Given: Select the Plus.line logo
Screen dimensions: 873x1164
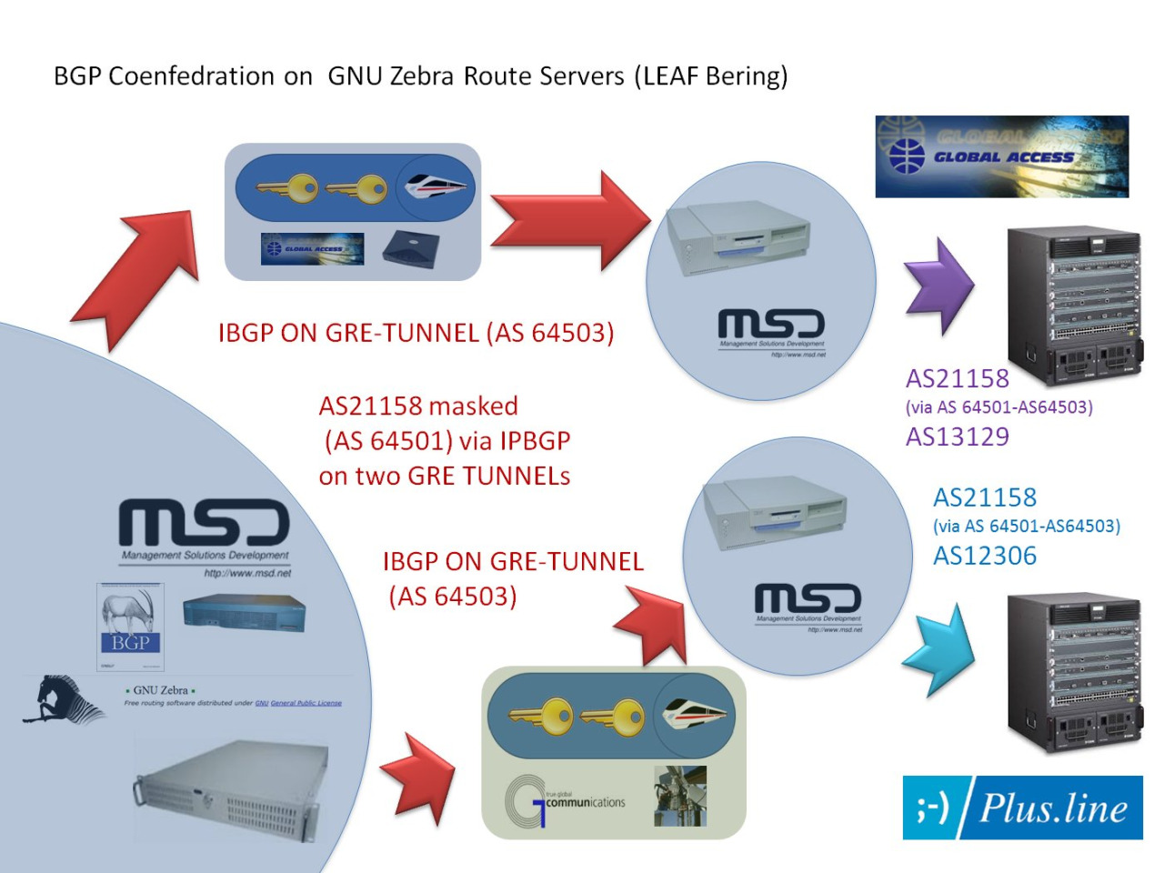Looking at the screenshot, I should [1022, 808].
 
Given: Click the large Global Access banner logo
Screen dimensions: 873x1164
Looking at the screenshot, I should [1001, 156].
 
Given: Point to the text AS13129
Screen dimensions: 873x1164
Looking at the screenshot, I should [958, 436].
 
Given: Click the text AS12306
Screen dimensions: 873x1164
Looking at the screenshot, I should [985, 556].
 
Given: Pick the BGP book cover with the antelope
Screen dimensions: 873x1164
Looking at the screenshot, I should [129, 627].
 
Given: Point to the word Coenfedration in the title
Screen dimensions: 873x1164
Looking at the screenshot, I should [191, 76].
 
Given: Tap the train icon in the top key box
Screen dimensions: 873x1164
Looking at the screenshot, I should [436, 187].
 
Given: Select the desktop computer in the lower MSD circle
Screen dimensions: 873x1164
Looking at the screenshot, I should [776, 514].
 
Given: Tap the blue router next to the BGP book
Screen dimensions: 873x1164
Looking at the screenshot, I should [244, 613].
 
